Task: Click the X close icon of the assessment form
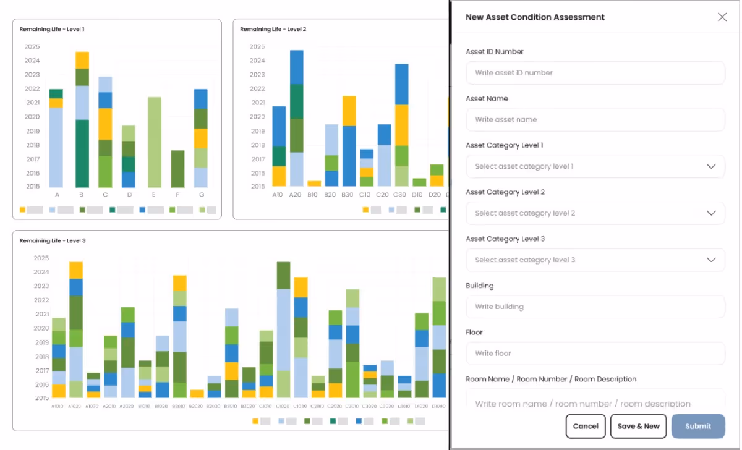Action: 722,17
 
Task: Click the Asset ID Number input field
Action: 595,73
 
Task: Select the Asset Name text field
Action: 595,120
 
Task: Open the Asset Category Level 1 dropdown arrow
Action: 711,167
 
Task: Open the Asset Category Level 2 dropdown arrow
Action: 711,213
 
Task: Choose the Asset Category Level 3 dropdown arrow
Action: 711,260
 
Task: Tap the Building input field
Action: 595,307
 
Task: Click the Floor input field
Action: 595,354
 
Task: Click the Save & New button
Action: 638,426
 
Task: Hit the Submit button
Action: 698,426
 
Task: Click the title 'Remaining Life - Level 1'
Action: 52,29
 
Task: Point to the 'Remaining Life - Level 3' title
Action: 53,240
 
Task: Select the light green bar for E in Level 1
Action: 155,142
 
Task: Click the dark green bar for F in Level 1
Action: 178,169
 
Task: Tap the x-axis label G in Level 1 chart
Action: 202,195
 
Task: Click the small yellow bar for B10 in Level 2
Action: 314,184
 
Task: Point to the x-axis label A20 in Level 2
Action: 296,195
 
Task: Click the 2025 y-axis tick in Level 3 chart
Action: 41,258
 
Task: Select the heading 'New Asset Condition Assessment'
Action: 535,17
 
